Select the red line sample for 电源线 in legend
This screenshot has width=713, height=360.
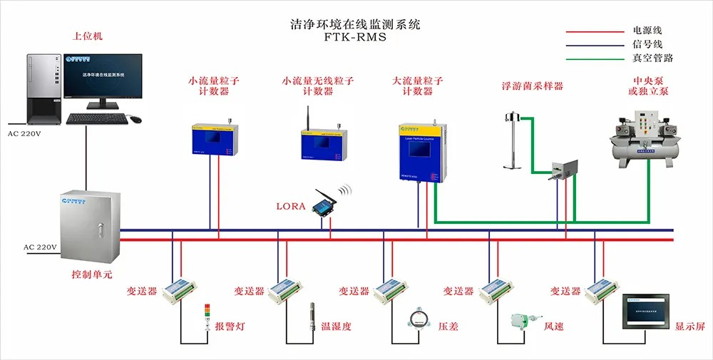coord(595,31)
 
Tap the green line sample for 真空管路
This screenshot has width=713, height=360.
coord(595,58)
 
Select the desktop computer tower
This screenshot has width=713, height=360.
coord(43,88)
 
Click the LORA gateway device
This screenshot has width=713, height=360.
coord(326,206)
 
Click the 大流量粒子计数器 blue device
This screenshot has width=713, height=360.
coord(422,152)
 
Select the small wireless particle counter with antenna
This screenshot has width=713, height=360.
coord(318,140)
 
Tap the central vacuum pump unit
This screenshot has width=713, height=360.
coord(642,138)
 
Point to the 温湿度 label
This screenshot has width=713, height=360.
coord(336,327)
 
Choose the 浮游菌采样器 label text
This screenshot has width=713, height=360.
coord(532,86)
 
